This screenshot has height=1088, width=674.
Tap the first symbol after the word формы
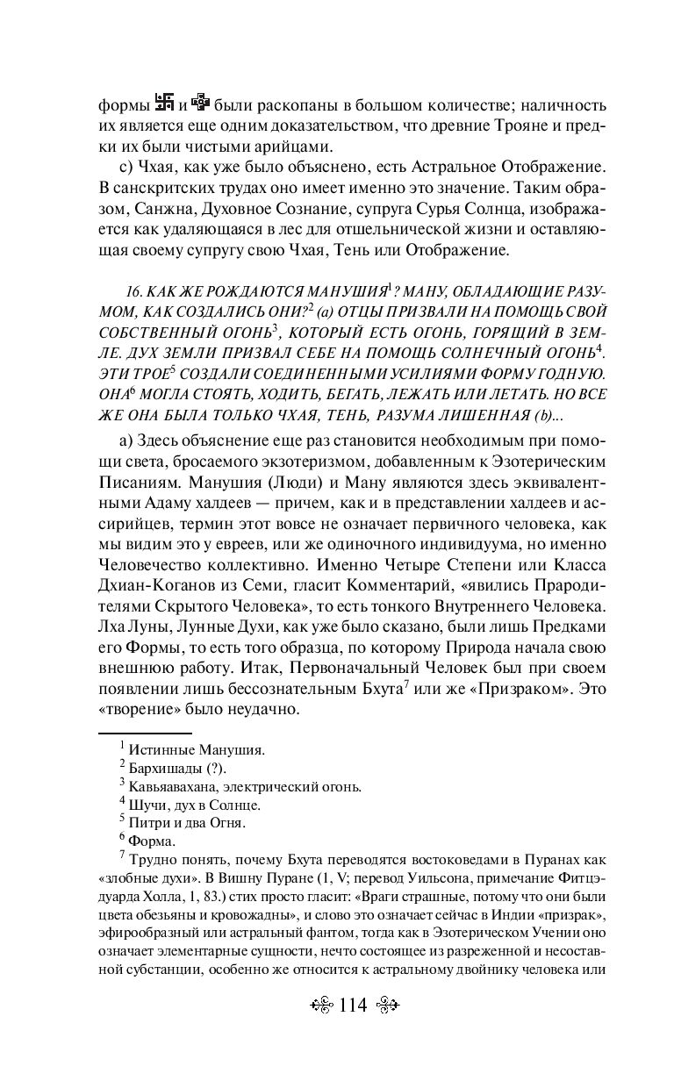161,102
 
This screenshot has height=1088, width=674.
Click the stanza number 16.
135,290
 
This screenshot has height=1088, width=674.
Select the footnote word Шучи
146,805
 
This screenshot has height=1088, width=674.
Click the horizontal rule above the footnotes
144,733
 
